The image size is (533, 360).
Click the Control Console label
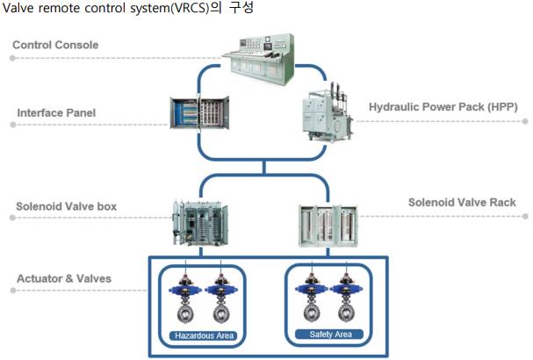pos(55,45)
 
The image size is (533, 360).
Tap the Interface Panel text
pos(56,113)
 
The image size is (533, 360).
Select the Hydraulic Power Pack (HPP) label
pos(443,107)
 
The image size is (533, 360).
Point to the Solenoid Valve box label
pos(66,206)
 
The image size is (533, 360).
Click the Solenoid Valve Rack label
pos(462,203)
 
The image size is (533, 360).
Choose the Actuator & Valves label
pos(64,278)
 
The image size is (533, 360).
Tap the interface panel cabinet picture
pos(199,112)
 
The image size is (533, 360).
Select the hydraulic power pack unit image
pos(327,112)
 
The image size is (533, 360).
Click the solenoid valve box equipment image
pos(200,223)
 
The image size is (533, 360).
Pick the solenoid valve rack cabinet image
pos(328,226)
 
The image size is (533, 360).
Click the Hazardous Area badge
pos(204,335)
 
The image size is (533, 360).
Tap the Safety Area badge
pos(329,335)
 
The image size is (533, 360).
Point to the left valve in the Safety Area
pos(312,297)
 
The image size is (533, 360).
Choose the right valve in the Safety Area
pos(346,297)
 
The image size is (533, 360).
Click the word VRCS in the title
pos(191,8)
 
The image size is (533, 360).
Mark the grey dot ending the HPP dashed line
pos(525,121)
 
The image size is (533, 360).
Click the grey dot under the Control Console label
pos(12,58)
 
